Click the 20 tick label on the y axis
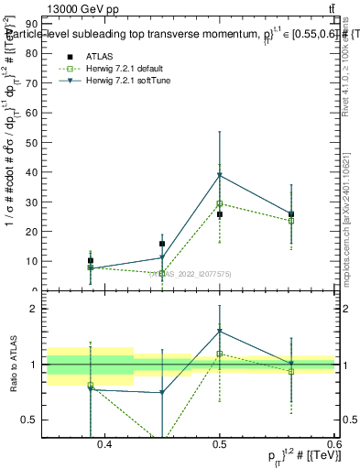tap(31, 231)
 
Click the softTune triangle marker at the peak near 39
tap(220, 175)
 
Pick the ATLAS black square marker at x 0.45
tap(162, 244)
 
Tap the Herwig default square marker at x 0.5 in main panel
tap(220, 203)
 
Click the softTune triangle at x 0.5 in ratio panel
tap(220, 332)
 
